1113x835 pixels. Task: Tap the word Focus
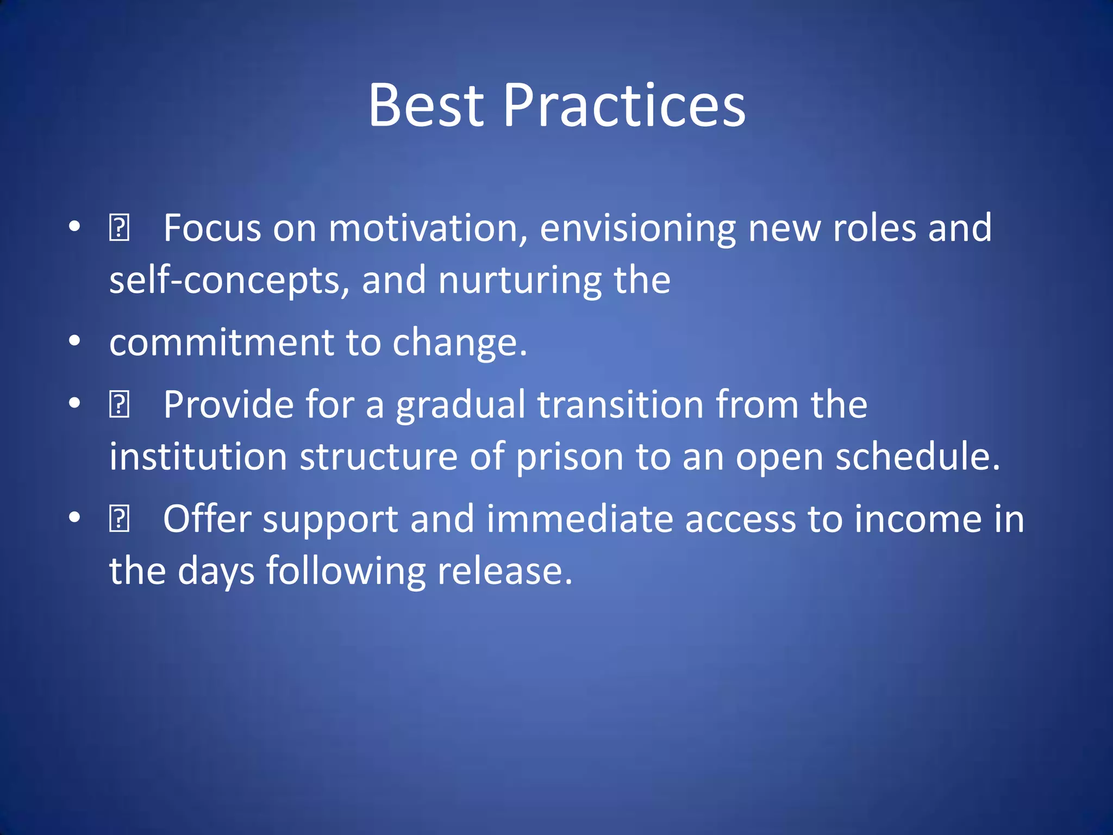(x=212, y=228)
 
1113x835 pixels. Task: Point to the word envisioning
(x=638, y=229)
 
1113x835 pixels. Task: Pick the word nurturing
(x=520, y=281)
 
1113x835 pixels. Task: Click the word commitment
(x=222, y=342)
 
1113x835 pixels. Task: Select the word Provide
(x=228, y=405)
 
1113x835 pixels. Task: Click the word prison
(x=569, y=457)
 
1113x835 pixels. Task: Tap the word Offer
(x=207, y=519)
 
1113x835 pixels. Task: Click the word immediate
(x=580, y=519)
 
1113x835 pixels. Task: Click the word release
(x=505, y=571)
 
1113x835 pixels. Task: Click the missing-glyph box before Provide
(x=119, y=405)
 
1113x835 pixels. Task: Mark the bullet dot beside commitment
(x=75, y=342)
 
